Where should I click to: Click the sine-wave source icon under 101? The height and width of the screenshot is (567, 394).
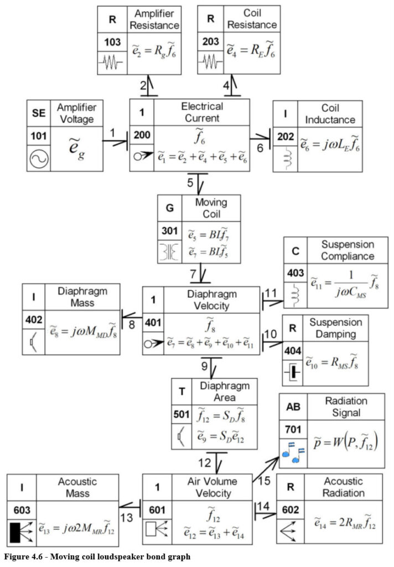pos(39,159)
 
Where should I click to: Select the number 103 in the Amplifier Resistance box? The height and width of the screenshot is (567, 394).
pos(112,42)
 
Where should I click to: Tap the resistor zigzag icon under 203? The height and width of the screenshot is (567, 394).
pos(210,61)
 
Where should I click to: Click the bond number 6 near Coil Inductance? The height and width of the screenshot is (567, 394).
pos(260,148)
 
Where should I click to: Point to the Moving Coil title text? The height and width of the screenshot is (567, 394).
pos(211,208)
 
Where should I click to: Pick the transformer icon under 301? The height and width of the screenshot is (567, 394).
pos(169,252)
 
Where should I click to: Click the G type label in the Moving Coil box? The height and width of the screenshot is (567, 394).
pos(169,208)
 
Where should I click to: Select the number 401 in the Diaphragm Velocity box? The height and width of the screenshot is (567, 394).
pos(153,322)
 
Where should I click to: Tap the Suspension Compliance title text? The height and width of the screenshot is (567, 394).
pos(348,250)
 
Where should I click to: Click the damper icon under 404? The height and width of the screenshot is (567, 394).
pos(292,372)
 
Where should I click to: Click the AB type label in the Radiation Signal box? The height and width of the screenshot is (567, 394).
pos(293,407)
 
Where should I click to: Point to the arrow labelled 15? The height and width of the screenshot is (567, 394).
pos(266,469)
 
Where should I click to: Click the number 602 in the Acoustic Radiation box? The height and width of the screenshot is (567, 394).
pos(291,509)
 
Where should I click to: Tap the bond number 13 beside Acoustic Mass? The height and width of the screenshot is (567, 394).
pos(127,518)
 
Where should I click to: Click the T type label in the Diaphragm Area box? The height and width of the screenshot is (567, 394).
pos(182,391)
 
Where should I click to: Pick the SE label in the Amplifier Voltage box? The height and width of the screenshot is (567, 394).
pos(39,113)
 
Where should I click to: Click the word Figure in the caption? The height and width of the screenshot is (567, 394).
pos(15,556)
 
